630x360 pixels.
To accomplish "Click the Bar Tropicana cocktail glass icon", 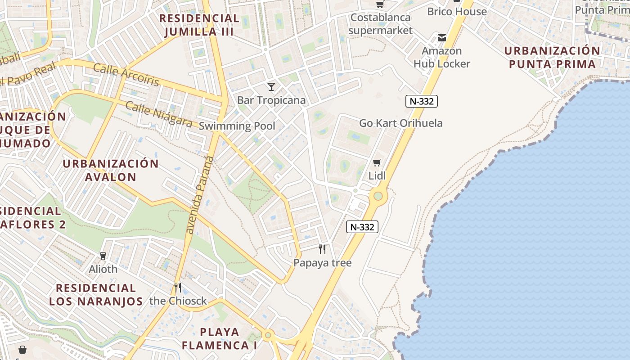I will pos(271,86).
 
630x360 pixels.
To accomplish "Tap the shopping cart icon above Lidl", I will pos(377,162).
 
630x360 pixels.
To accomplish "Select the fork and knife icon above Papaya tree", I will pos(322,249).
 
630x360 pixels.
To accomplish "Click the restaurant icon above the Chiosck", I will pos(178,287).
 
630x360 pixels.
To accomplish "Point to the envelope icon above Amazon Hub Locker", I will pos(441,38).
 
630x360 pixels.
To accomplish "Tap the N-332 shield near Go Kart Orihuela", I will pos(422,101).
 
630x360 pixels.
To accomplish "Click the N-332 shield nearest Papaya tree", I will pos(362,227).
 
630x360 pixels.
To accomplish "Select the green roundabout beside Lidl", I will pos(378,196).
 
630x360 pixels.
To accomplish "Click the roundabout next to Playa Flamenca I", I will pos(268,335).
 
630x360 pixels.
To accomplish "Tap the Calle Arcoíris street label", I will pos(126,74).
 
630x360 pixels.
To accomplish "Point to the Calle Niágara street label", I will pos(159,114).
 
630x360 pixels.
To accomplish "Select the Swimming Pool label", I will pos(237,126).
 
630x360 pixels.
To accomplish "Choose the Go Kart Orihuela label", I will pos(400,123).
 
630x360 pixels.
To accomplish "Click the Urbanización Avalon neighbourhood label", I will pos(111,170).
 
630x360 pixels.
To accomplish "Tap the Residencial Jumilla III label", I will pos(199,25).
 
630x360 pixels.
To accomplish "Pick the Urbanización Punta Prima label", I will pos(552,57).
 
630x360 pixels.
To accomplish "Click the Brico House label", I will pos(457,11).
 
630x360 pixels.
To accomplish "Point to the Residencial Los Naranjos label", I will pos(96,295).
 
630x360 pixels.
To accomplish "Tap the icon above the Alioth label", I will pos(103,256).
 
